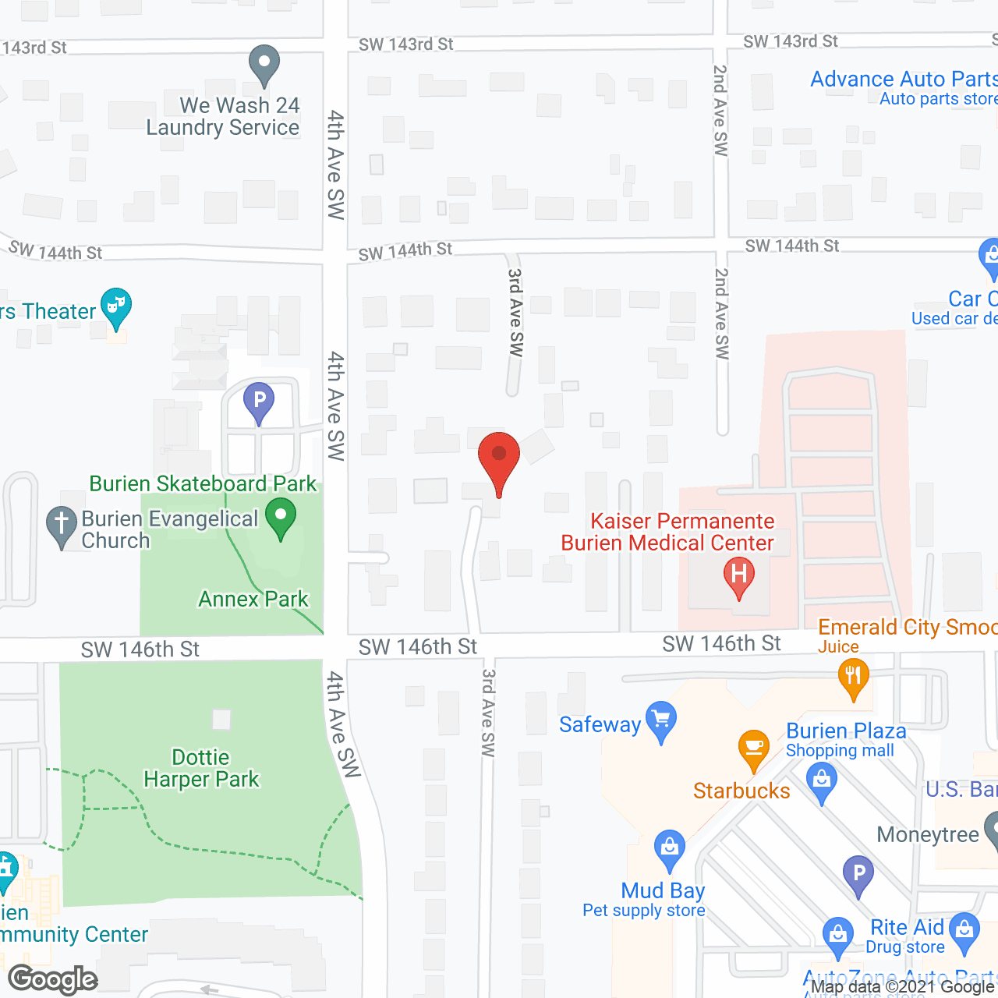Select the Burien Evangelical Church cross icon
62,525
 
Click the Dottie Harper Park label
201,768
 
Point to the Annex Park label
253,599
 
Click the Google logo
53,979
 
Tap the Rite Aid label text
907,927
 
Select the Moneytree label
928,834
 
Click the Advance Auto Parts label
904,80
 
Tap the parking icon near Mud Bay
858,874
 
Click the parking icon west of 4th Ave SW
259,402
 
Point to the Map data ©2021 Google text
903,986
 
